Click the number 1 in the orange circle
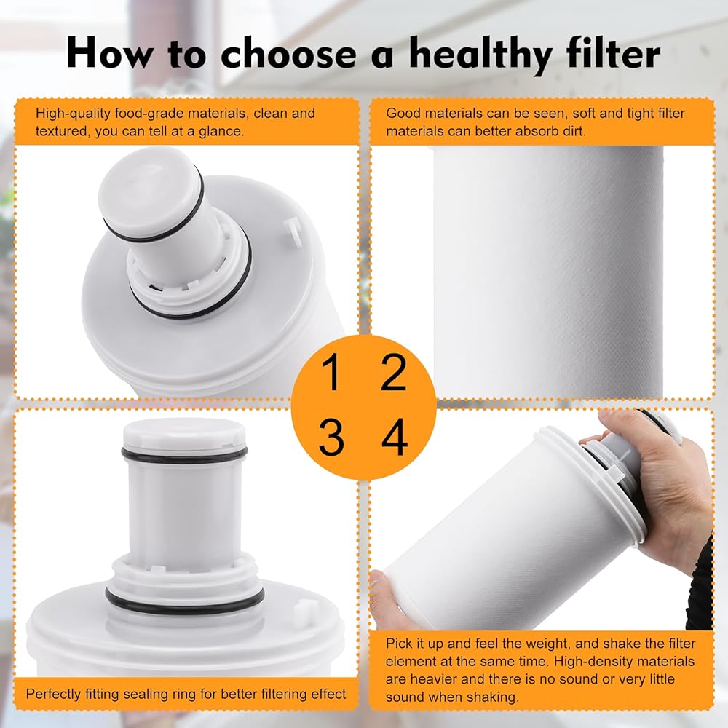pos(331,371)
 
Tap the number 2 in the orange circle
pos(394,371)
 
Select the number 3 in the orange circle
pos(331,437)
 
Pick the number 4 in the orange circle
pos(395,436)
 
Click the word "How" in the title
pos(109,52)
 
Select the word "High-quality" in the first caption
pos(74,114)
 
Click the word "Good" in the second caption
pos(403,114)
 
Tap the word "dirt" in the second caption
pos(574,131)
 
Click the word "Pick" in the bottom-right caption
pos(400,644)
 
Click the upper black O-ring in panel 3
pos(184,452)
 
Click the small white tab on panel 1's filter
pos(290,229)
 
